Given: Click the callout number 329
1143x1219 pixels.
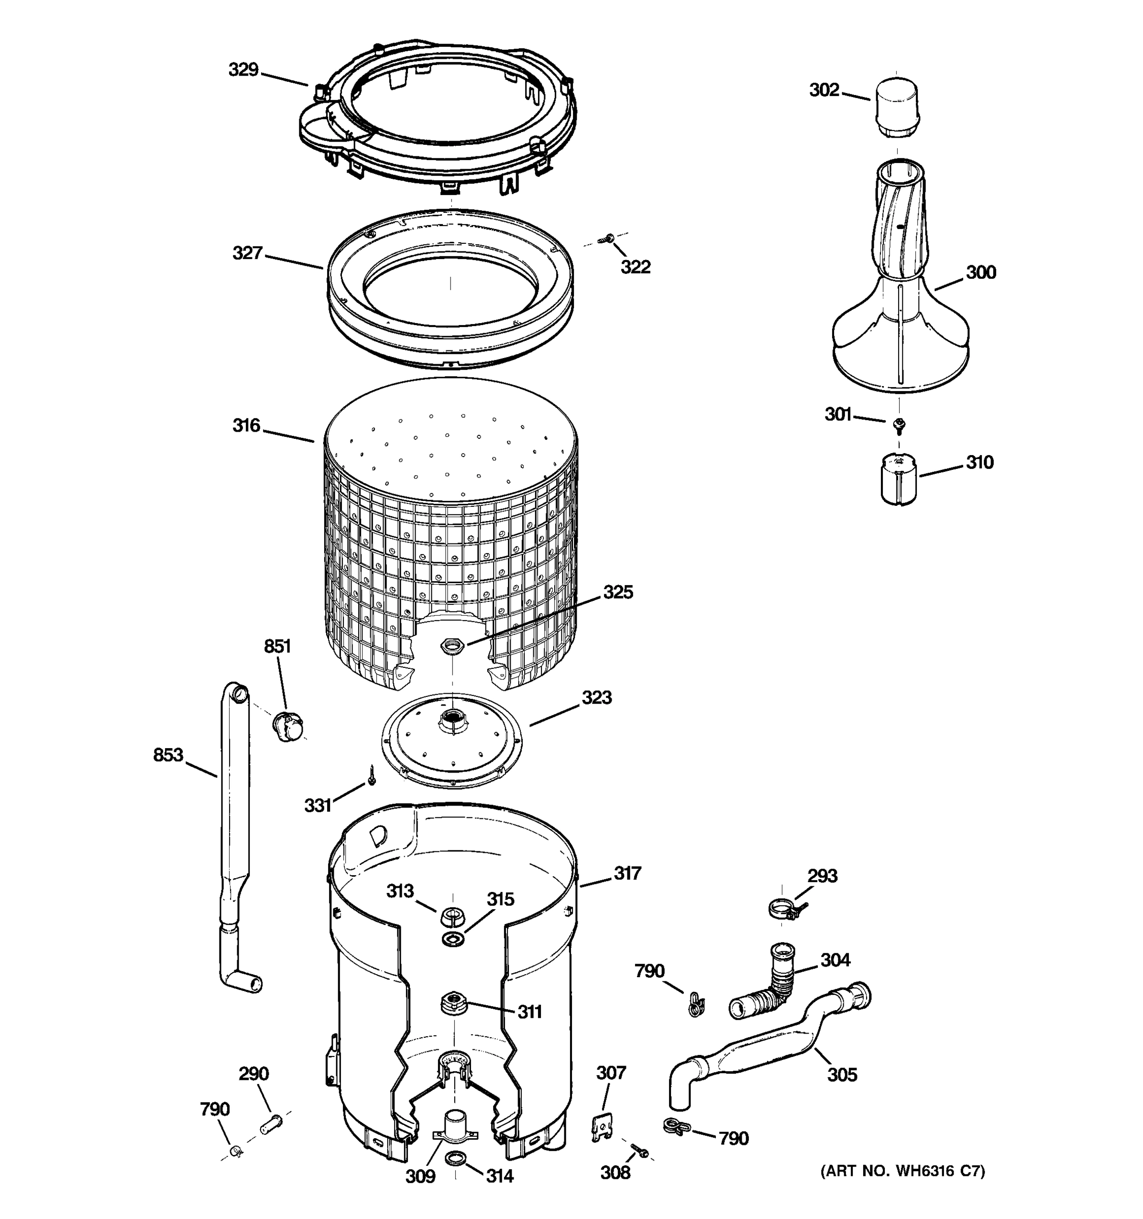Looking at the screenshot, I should [243, 70].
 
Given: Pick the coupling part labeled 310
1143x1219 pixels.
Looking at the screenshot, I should [897, 478].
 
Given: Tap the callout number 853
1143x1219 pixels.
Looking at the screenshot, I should [168, 755].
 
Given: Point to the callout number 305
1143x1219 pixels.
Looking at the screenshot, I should [842, 1074].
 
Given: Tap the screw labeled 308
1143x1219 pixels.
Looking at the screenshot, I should [640, 1151].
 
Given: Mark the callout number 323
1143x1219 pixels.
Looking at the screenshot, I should [596, 697].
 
